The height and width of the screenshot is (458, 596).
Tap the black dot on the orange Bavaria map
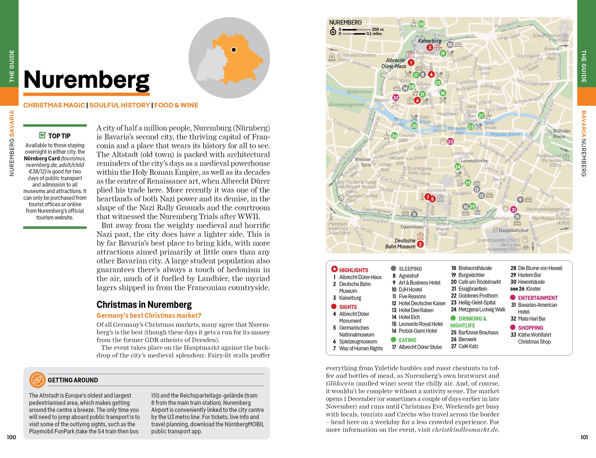click(x=234, y=50)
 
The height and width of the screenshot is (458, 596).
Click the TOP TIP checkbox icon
click(x=42, y=135)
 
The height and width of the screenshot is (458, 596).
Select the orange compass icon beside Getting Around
click(x=37, y=380)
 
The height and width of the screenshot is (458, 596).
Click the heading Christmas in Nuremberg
click(x=144, y=305)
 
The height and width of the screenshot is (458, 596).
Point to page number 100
click(x=12, y=437)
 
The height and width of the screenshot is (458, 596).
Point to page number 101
click(x=584, y=437)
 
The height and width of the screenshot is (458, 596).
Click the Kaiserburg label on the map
click(x=429, y=41)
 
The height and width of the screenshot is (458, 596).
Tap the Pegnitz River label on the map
click(x=505, y=134)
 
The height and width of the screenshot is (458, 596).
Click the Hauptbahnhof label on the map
click(x=513, y=230)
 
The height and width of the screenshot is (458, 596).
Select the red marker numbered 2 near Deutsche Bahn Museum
click(x=420, y=244)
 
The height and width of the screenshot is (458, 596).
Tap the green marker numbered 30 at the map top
click(x=421, y=24)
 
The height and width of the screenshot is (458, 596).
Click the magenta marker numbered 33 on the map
click(x=450, y=142)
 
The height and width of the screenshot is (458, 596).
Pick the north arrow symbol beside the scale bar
click(x=333, y=32)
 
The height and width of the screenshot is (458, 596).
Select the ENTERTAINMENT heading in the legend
click(x=537, y=298)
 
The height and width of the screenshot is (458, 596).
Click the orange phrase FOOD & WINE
click(x=176, y=105)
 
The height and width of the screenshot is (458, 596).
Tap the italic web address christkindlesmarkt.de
click(x=465, y=430)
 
